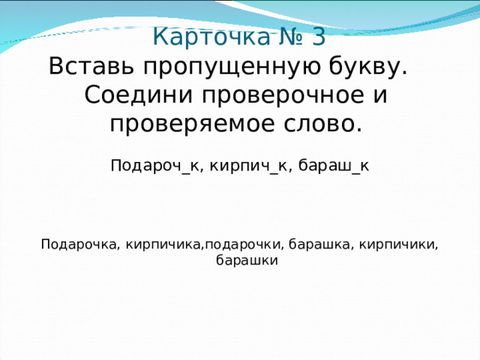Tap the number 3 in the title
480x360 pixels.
(317, 37)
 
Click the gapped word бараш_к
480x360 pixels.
(334, 165)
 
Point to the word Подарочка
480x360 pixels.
(79, 244)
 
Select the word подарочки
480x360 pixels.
(244, 244)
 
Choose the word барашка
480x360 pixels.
(318, 244)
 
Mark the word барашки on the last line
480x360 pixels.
(247, 261)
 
